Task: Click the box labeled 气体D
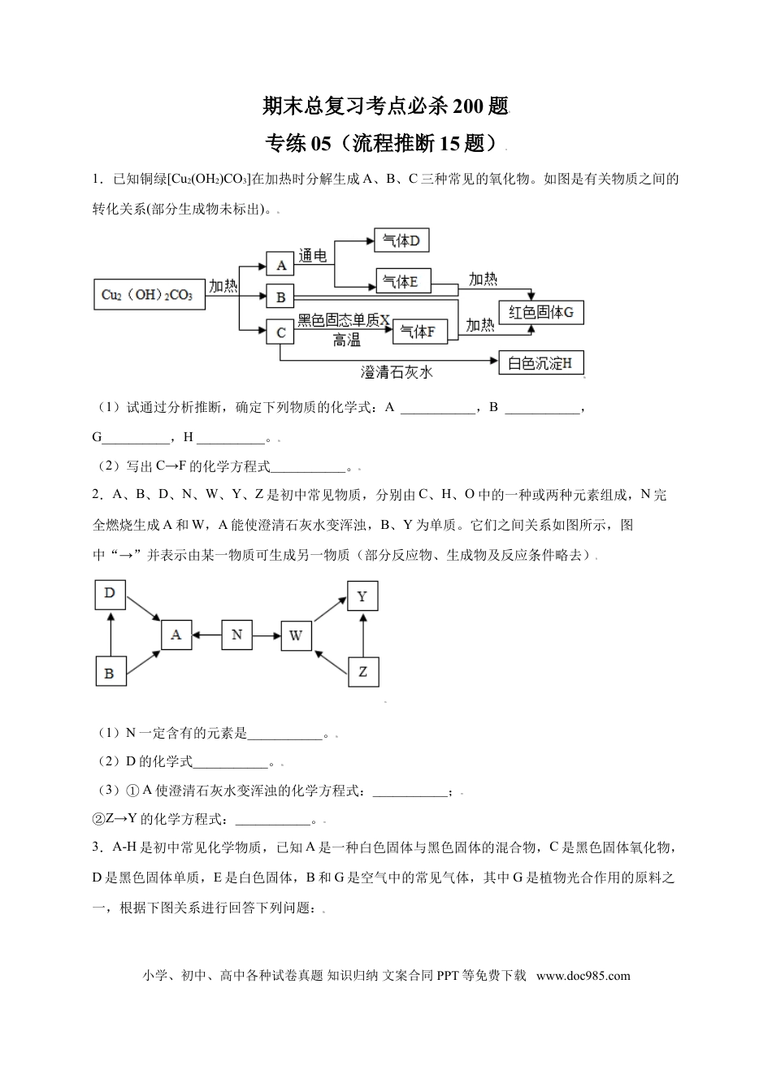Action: [x=401, y=240]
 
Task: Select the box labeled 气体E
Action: [x=403, y=281]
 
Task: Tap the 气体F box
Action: [x=419, y=331]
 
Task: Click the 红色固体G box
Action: [x=541, y=311]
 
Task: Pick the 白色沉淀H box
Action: [x=540, y=363]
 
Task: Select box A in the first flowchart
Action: [x=280, y=265]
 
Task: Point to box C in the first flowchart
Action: [x=280, y=332]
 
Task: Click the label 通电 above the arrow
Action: [x=312, y=256]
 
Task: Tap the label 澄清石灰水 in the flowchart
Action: [x=397, y=373]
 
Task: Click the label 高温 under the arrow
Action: [x=346, y=341]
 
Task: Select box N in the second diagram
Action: [x=236, y=635]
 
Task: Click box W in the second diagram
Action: [x=296, y=635]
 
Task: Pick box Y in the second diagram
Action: [x=362, y=597]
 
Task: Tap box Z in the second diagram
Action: [x=362, y=671]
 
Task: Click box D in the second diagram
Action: [x=110, y=594]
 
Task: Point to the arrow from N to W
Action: [x=267, y=635]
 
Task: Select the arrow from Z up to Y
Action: [x=362, y=635]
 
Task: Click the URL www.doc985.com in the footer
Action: [x=583, y=976]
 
